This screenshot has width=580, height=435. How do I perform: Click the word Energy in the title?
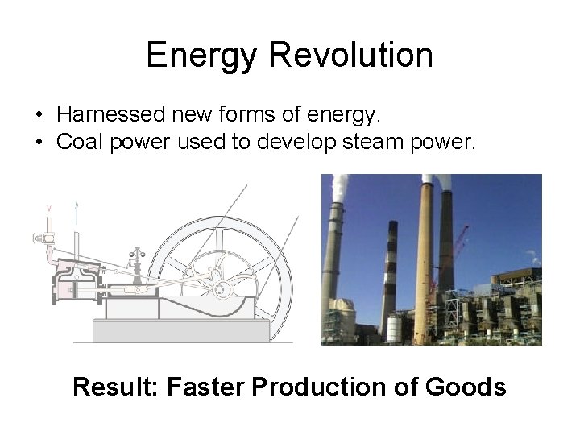pos(202,56)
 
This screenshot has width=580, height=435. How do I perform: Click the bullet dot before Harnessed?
pos(39,116)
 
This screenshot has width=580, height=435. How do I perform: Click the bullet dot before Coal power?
pos(39,143)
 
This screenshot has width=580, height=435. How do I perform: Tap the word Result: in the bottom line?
pos(115,387)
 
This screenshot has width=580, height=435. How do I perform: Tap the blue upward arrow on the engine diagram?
pos(76,211)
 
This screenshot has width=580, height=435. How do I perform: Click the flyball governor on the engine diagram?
pos(135,259)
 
